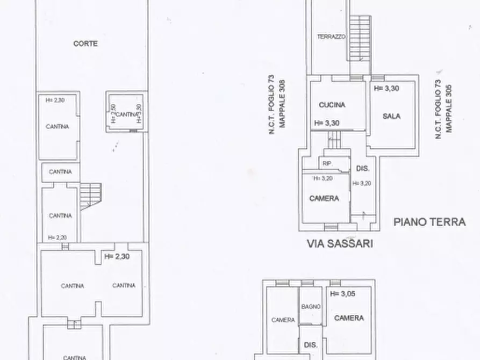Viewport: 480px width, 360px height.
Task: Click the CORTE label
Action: [85, 44]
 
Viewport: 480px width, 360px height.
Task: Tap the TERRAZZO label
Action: [331, 37]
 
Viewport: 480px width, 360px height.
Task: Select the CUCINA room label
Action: [332, 105]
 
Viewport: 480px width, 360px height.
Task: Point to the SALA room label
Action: [392, 116]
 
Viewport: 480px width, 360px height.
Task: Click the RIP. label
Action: [326, 164]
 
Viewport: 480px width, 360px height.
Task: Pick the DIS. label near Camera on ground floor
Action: [363, 169]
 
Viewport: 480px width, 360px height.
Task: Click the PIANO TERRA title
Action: [429, 221]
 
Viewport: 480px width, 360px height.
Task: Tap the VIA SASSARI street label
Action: [340, 243]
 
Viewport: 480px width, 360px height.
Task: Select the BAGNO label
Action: [311, 306]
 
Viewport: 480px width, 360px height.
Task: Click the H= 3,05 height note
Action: [343, 293]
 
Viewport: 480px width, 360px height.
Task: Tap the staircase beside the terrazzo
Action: [359, 43]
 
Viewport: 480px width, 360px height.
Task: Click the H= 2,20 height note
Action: [57, 237]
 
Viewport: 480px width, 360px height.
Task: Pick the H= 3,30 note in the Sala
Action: [386, 88]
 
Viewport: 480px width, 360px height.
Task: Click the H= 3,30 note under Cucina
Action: [326, 123]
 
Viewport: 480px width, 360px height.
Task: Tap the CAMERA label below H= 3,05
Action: [349, 318]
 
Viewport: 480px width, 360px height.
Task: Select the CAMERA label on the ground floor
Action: [324, 198]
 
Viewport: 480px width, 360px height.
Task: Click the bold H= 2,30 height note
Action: [117, 256]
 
